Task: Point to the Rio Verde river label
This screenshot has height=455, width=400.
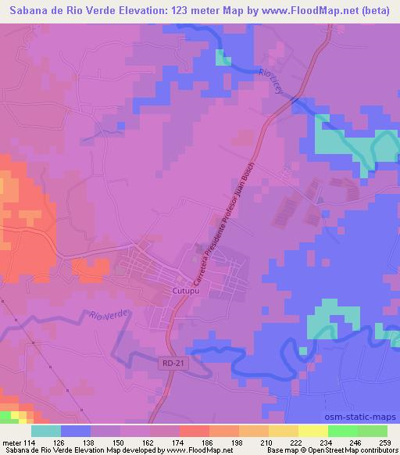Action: coord(109,316)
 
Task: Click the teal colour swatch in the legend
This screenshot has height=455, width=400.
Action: coord(46,430)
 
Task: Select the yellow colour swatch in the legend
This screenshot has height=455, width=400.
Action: coord(312,430)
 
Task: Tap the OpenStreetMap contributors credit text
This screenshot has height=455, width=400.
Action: coord(348,450)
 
